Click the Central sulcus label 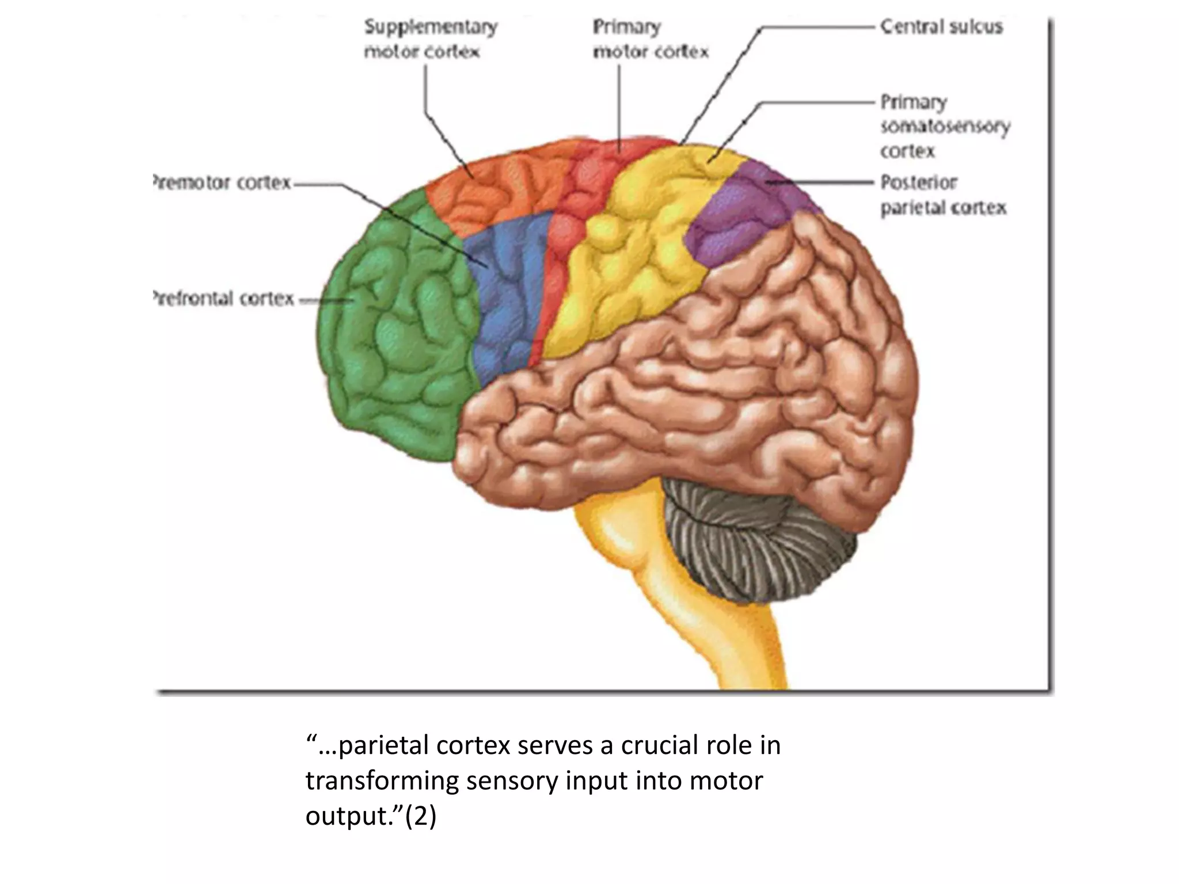coord(941,27)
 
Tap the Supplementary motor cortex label coord(430,39)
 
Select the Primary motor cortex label coord(650,39)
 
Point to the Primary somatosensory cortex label coord(944,127)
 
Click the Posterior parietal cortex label coord(943,195)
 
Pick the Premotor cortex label coord(222,183)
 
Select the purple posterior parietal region coord(743,213)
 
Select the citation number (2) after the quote coord(420,816)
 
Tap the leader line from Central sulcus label coord(817,26)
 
